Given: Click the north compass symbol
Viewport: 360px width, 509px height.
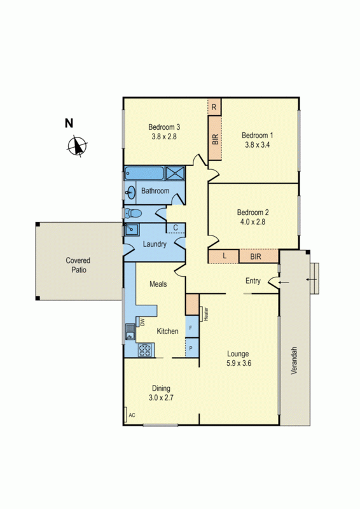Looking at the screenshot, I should click(77, 146).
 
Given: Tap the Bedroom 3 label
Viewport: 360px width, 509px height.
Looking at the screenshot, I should click(165, 126).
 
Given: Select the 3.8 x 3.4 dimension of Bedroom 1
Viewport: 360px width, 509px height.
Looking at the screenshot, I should click(258, 144).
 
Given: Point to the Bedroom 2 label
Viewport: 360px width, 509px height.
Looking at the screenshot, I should click(253, 213).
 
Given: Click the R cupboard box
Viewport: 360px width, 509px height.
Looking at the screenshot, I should click(214, 107).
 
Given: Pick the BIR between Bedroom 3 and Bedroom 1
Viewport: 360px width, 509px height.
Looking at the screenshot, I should click(214, 138).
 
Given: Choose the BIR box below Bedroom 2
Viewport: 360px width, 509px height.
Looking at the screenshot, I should click(256, 256).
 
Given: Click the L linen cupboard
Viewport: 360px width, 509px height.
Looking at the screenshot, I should click(224, 256).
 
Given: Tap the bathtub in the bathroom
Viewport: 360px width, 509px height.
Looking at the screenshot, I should click(144, 173).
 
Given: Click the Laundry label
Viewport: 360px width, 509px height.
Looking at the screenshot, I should click(155, 244).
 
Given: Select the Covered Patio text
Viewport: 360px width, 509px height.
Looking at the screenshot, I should click(78, 265).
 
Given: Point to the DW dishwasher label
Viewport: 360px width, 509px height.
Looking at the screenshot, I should click(142, 322).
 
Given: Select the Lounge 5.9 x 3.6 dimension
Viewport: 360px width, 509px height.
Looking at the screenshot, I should click(239, 364).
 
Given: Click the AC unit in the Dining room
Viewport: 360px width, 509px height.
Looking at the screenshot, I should click(132, 415).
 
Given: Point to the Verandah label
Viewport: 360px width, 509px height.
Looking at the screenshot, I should click(294, 359).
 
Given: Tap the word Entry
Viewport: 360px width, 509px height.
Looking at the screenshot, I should click(253, 281).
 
